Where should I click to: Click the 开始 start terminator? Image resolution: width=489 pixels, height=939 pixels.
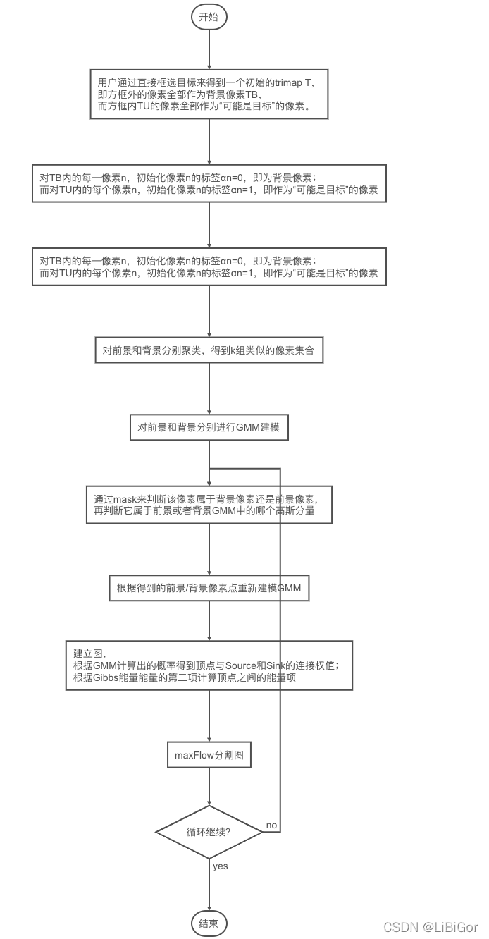click(x=209, y=18)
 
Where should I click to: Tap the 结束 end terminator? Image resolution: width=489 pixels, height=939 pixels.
click(x=209, y=923)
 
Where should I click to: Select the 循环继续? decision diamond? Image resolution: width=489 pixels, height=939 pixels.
click(x=209, y=832)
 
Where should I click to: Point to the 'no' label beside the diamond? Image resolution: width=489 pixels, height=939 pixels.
click(x=271, y=825)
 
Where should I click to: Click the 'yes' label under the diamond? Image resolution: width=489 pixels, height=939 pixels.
click(x=220, y=866)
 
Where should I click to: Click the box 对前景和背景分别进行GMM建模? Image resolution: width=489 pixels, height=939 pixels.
click(x=209, y=427)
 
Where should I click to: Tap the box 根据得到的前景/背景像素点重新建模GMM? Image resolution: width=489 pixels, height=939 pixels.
click(x=209, y=588)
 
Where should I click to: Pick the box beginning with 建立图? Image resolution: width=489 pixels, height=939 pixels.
click(x=209, y=665)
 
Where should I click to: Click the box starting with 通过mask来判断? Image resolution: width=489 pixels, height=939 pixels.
click(x=209, y=505)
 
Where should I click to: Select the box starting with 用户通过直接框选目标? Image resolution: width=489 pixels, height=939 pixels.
click(x=209, y=95)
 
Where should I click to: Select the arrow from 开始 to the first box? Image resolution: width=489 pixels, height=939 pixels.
click(x=209, y=49)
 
